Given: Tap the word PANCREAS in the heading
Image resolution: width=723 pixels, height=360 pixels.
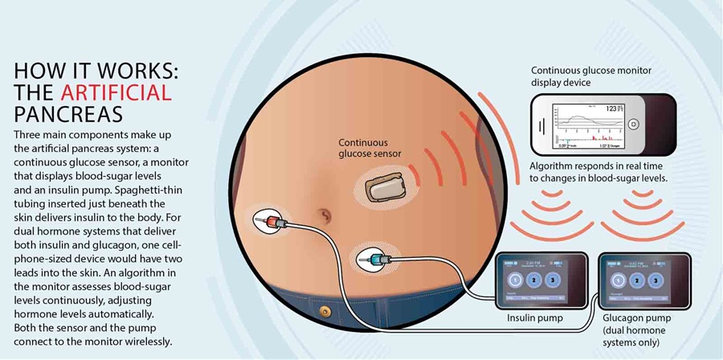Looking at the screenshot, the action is point(61,112).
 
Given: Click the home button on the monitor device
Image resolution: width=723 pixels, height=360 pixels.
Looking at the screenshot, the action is point(634,125).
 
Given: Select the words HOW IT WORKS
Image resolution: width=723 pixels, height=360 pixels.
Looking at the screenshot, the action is point(96,71).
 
